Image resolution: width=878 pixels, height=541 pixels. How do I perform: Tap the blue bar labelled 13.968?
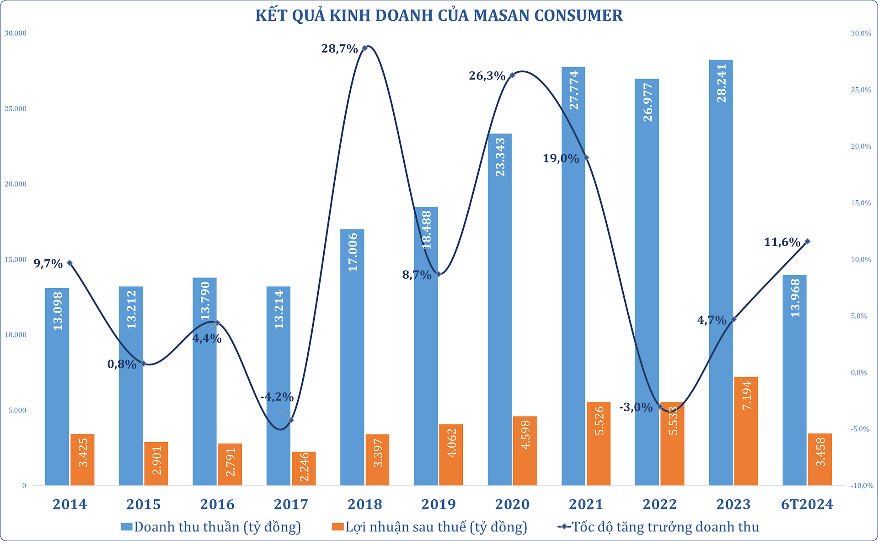click(794, 380)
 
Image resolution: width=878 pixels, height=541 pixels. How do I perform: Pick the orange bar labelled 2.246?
click(304, 468)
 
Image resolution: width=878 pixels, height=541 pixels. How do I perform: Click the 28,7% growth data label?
click(339, 48)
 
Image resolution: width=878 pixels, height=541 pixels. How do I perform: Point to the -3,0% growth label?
click(636, 407)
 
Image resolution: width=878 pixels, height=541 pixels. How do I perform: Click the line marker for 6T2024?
click(807, 241)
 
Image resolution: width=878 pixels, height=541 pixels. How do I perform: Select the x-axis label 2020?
click(512, 504)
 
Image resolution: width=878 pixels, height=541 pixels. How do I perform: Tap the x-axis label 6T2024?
click(807, 504)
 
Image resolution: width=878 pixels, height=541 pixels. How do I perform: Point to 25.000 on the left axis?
click(16, 109)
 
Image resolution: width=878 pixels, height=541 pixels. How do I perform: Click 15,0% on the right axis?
click(861, 203)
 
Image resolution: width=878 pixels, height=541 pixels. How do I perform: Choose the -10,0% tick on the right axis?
click(862, 486)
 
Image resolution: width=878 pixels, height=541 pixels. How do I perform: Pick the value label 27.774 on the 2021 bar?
click(573, 90)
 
